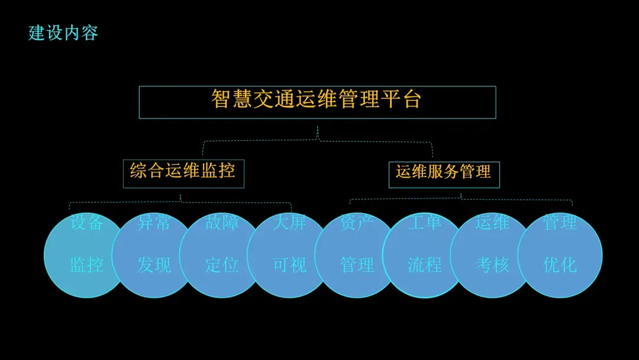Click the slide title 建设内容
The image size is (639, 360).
[x=63, y=33]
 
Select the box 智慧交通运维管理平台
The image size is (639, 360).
[x=317, y=102]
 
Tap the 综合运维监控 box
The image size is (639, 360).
[x=183, y=173]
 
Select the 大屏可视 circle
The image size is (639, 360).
[x=289, y=255]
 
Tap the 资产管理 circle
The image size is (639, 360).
[x=357, y=255]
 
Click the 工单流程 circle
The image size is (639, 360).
[x=424, y=255]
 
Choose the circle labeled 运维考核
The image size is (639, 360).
[x=492, y=255]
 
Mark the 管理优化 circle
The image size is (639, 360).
[x=560, y=255]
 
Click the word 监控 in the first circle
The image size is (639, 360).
[x=86, y=265]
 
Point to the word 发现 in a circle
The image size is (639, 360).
[x=154, y=265]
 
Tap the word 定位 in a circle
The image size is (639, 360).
[x=222, y=265]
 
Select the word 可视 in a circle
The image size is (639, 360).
[x=289, y=265]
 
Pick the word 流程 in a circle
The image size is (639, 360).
[x=424, y=265]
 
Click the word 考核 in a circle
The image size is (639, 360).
[x=492, y=265]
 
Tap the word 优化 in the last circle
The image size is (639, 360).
[x=560, y=265]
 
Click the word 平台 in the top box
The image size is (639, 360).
[x=401, y=99]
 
